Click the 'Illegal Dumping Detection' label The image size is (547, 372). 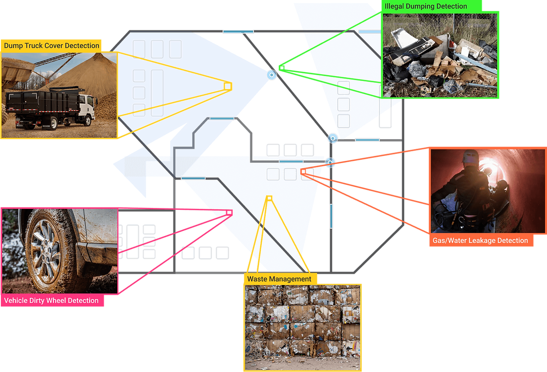(x=426, y=6)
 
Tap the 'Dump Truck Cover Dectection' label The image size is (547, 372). (x=52, y=45)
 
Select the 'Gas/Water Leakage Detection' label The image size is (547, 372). (x=480, y=241)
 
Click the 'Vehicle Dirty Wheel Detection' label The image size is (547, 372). (x=51, y=300)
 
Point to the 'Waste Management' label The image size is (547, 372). (x=279, y=279)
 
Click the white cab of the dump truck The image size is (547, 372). (x=88, y=109)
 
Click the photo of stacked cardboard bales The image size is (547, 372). (x=302, y=326)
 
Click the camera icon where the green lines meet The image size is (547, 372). (x=271, y=75)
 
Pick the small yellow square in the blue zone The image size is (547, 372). (x=228, y=86)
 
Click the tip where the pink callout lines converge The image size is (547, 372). (x=230, y=212)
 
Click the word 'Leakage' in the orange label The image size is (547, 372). (x=480, y=241)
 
